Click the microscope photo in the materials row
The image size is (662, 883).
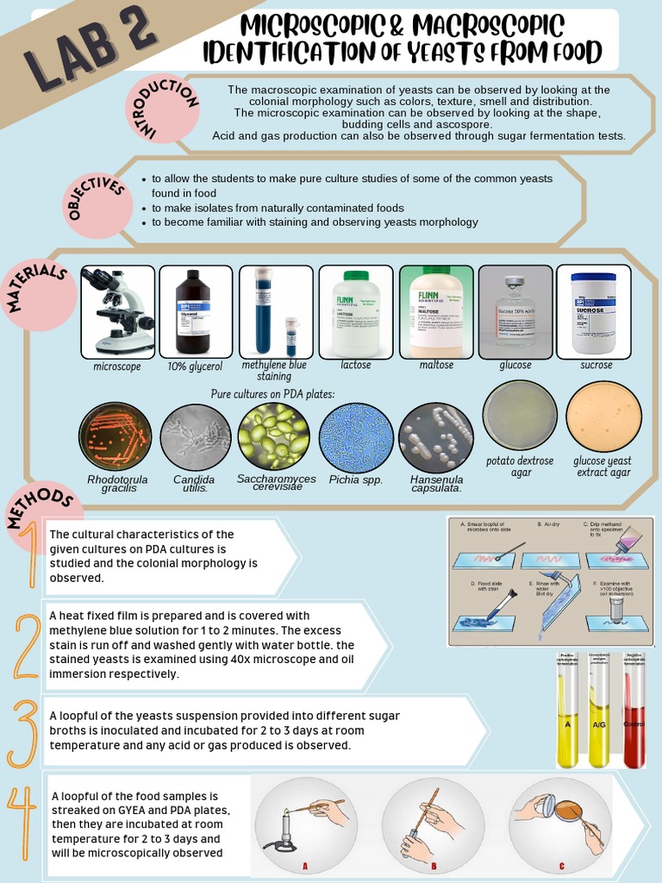[x=118, y=311]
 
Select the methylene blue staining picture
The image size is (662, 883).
[x=275, y=311]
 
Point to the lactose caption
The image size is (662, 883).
[x=355, y=366]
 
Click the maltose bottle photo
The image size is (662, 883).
[x=436, y=311]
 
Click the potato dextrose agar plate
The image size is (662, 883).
[x=520, y=416]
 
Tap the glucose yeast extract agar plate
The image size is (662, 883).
[x=603, y=416]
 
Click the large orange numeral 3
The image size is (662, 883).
[x=23, y=733]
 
